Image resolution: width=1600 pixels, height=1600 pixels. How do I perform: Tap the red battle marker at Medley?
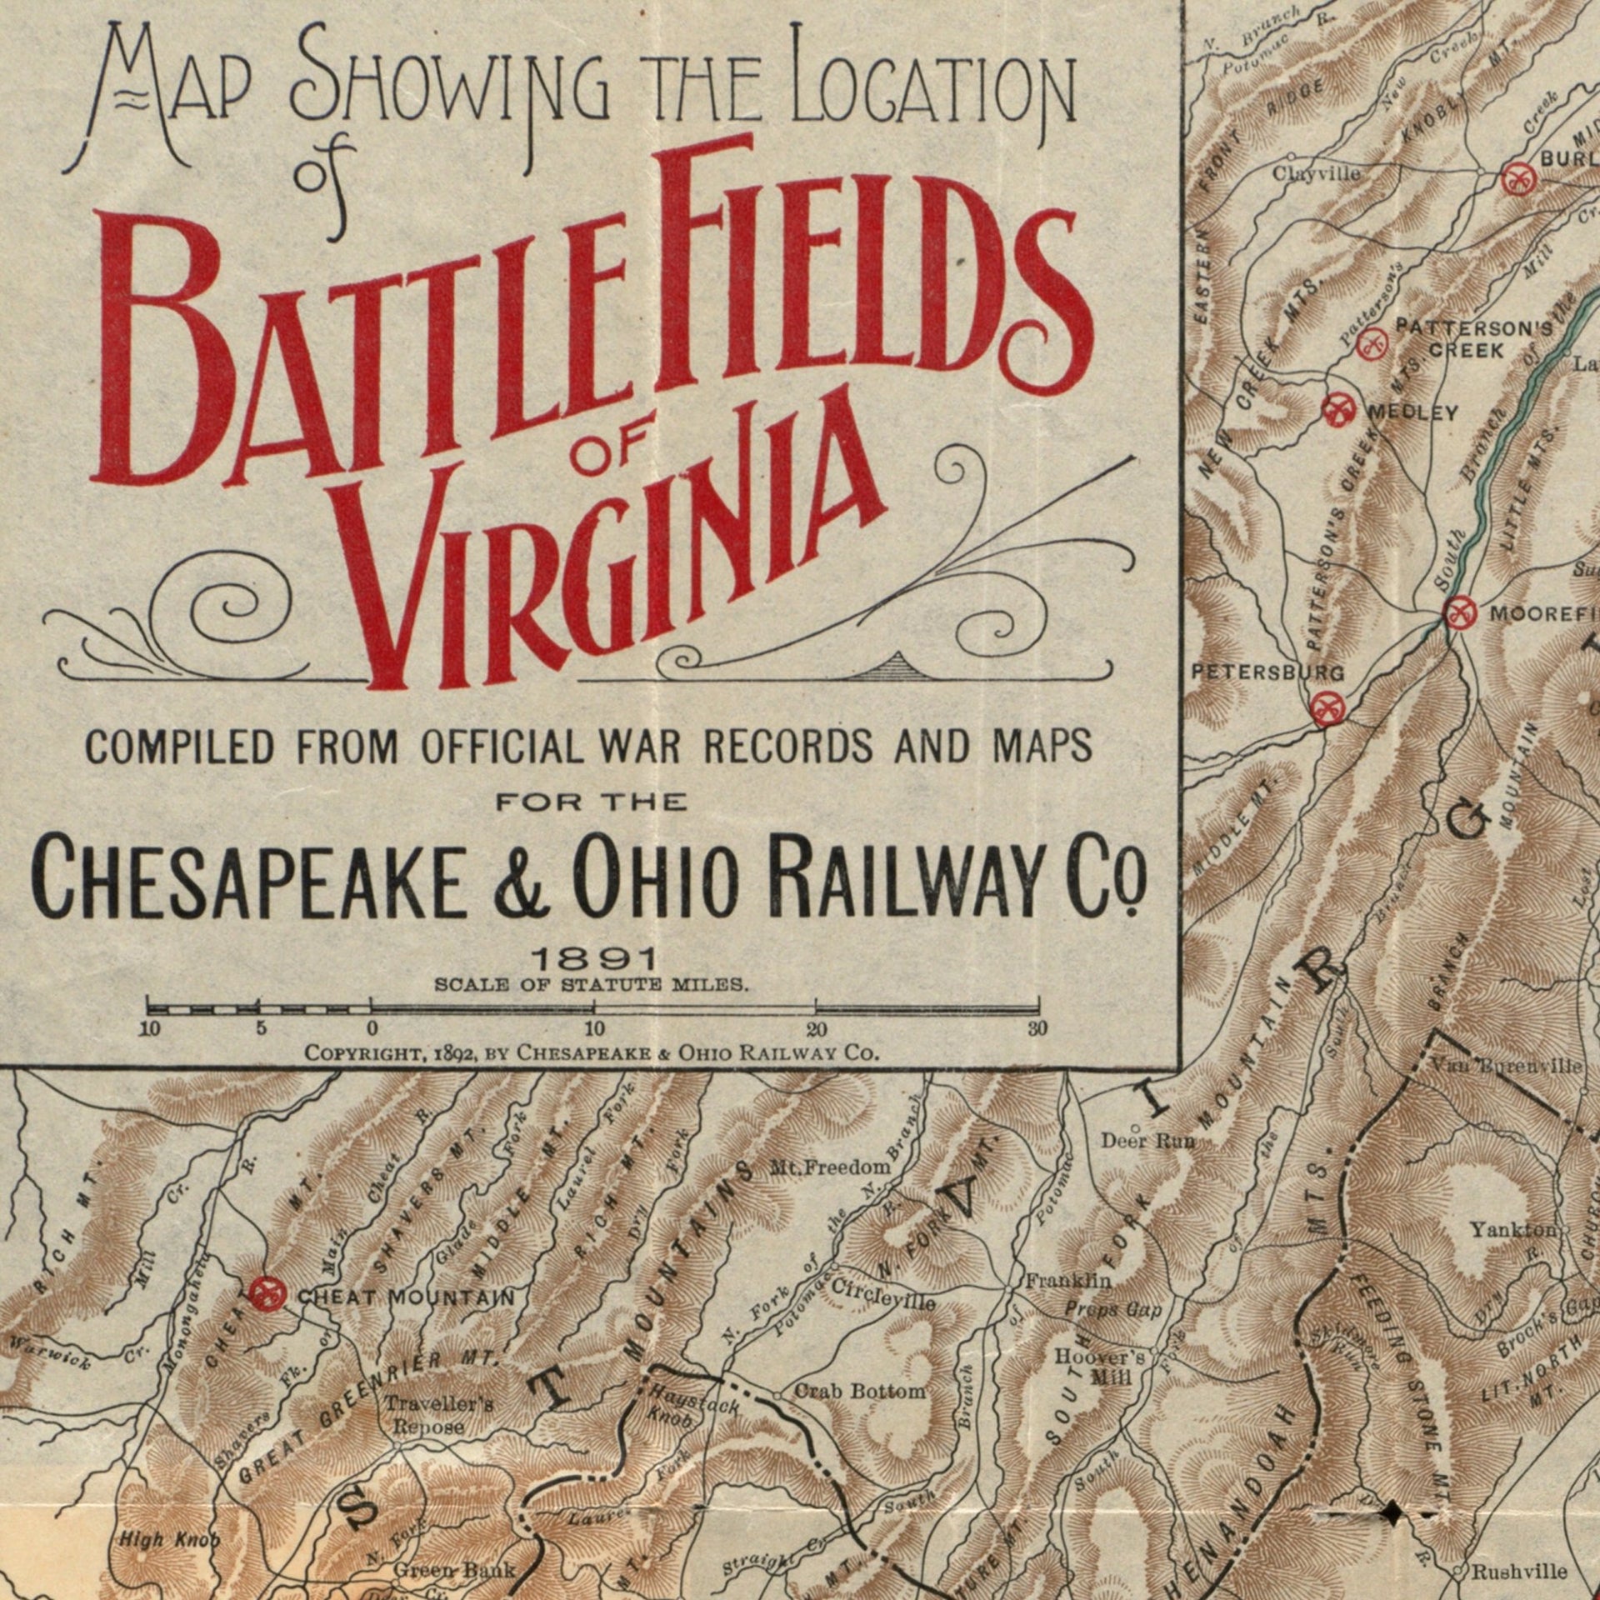coord(1340,409)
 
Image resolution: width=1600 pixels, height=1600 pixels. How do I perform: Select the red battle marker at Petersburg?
coord(1327,708)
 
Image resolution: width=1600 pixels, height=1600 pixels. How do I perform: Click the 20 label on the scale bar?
coord(816,1028)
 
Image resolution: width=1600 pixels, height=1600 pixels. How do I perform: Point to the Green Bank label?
coord(454,1570)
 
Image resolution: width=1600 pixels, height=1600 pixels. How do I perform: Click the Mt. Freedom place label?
coord(830,1167)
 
